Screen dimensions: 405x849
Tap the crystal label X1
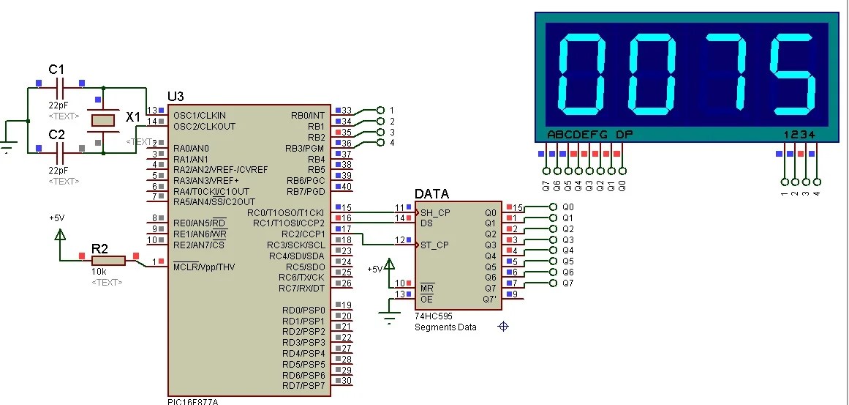click(133, 117)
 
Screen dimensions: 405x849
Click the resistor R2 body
click(108, 260)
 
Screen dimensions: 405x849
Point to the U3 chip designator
click(176, 97)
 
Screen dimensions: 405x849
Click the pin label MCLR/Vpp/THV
click(204, 266)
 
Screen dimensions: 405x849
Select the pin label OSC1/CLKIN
click(200, 115)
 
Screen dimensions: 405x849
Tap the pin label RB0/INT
click(307, 115)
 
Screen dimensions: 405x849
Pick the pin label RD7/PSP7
click(303, 386)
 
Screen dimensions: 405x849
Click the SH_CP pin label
click(435, 212)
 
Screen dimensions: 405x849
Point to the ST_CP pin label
click(435, 245)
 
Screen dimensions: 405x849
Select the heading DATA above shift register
click(431, 194)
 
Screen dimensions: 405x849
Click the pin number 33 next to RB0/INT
click(347, 110)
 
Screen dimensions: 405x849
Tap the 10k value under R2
click(97, 272)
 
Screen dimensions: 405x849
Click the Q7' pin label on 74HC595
click(489, 299)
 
